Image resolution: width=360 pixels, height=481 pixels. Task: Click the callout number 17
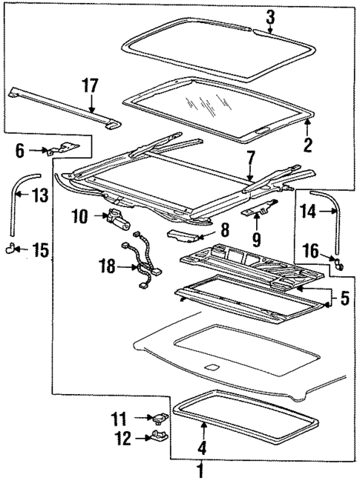pyautogui.click(x=90, y=86)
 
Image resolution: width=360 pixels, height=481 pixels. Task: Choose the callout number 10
pyautogui.click(x=80, y=217)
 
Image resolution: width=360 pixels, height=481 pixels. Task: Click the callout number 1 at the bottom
pyautogui.click(x=199, y=469)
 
